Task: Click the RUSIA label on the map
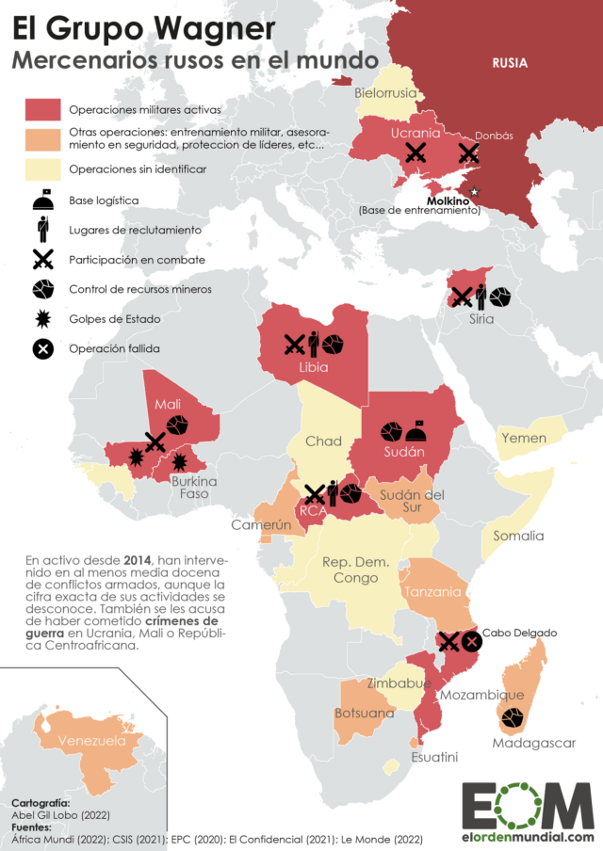509,63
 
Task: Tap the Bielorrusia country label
384,93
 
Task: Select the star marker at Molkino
474,192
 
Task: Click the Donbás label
494,136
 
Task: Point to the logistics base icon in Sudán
417,430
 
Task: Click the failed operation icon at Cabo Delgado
471,642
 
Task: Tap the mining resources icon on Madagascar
513,718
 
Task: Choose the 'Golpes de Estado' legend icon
42,319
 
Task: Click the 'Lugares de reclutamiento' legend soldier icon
42,229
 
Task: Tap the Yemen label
524,439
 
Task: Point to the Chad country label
323,441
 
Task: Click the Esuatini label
433,756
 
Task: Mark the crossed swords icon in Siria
462,297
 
